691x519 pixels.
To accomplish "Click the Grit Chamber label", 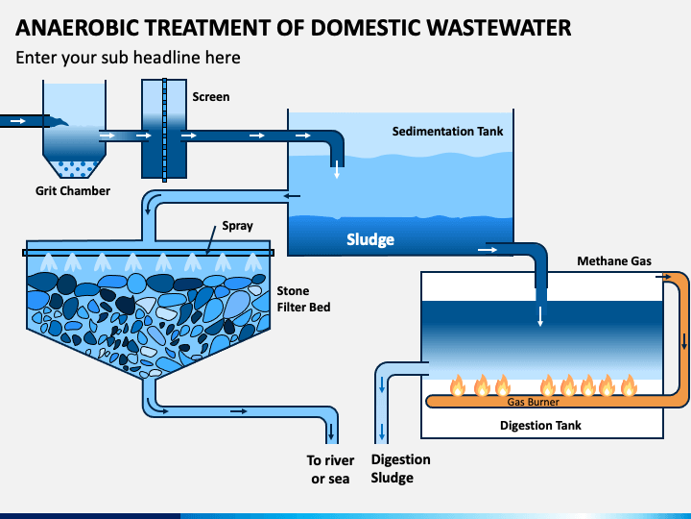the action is [x=73, y=190].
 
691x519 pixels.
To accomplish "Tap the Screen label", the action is [x=210, y=97].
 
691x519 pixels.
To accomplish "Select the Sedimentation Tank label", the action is [x=447, y=131].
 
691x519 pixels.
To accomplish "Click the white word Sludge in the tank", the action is [x=370, y=239].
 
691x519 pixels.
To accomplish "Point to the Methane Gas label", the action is [x=614, y=260].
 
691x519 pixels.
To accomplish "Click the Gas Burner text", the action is [x=533, y=402].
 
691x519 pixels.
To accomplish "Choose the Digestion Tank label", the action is [x=540, y=425].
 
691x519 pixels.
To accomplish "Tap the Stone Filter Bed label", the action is [x=303, y=299].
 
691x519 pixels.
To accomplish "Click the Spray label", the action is [x=237, y=226].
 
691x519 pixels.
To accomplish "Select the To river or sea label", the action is [x=330, y=470].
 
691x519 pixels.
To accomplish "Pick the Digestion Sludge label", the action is [x=400, y=469].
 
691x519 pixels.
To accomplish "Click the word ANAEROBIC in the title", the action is [x=77, y=28].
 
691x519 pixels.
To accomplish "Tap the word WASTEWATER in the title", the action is [x=499, y=28].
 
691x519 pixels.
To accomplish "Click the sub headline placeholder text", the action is [x=128, y=58].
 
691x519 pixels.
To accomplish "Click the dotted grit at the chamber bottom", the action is [x=74, y=168].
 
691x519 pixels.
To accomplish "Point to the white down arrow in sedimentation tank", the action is [x=337, y=169].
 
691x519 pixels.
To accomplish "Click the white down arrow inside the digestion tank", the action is [x=540, y=316].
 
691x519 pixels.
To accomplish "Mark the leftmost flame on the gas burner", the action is [x=458, y=385].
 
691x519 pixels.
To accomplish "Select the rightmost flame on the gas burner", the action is [x=629, y=385].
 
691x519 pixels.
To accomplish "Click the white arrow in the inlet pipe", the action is [x=18, y=121].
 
